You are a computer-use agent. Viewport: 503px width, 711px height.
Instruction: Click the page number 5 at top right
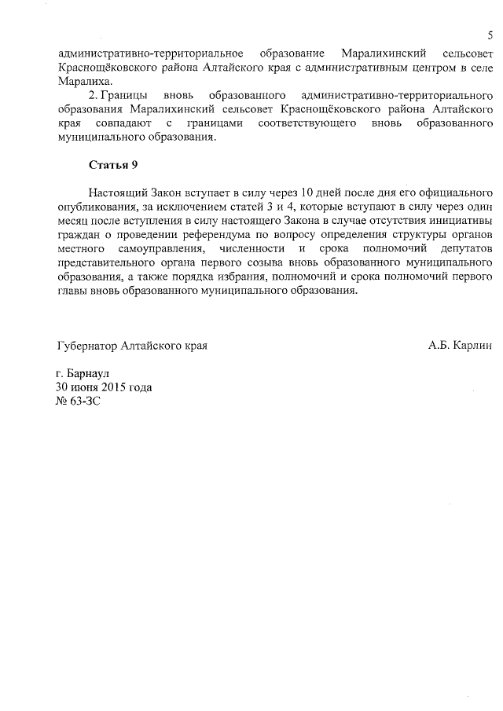[x=490, y=35]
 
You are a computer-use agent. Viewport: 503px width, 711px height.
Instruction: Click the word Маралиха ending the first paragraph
[x=84, y=82]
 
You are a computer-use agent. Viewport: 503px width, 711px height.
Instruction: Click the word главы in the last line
[x=74, y=291]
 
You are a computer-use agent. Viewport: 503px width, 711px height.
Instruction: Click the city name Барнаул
[x=91, y=374]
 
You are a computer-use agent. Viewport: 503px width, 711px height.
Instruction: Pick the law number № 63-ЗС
[x=79, y=401]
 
